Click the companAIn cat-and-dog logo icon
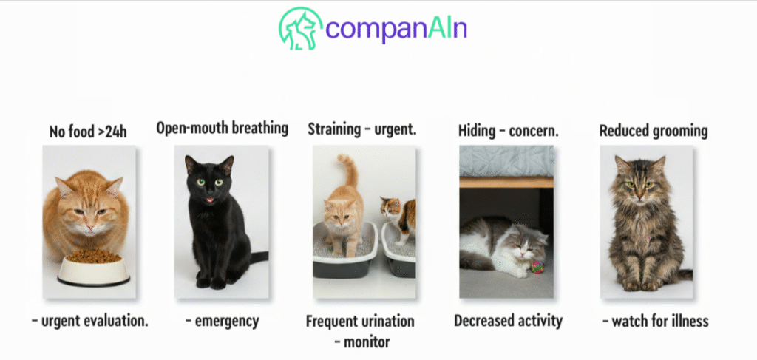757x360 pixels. (300, 29)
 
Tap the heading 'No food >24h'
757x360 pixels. (88, 132)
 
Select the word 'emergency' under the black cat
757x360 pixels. (226, 321)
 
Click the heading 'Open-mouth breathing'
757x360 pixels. (222, 129)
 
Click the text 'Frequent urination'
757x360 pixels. (360, 322)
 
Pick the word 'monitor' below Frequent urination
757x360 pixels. (367, 342)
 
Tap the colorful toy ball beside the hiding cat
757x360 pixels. (537, 267)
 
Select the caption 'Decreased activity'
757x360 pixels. (508, 321)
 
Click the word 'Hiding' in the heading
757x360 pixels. (477, 131)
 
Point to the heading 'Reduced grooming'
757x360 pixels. (654, 131)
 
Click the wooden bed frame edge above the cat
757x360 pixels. (506, 183)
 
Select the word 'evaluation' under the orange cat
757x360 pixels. (120, 321)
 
